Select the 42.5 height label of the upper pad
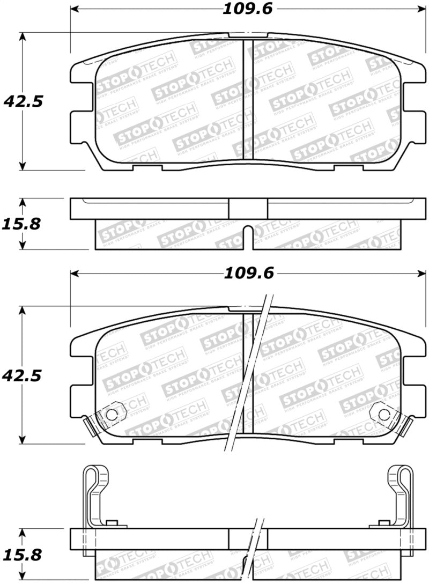tap(23, 101)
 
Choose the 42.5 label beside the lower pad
tap(23, 375)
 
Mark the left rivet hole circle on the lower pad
tap(111, 414)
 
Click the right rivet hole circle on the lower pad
tap(383, 414)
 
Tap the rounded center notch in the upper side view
tap(248, 236)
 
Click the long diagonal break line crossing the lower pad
tap(249, 375)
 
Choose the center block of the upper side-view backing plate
tap(248, 209)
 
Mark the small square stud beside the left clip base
tap(112, 523)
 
